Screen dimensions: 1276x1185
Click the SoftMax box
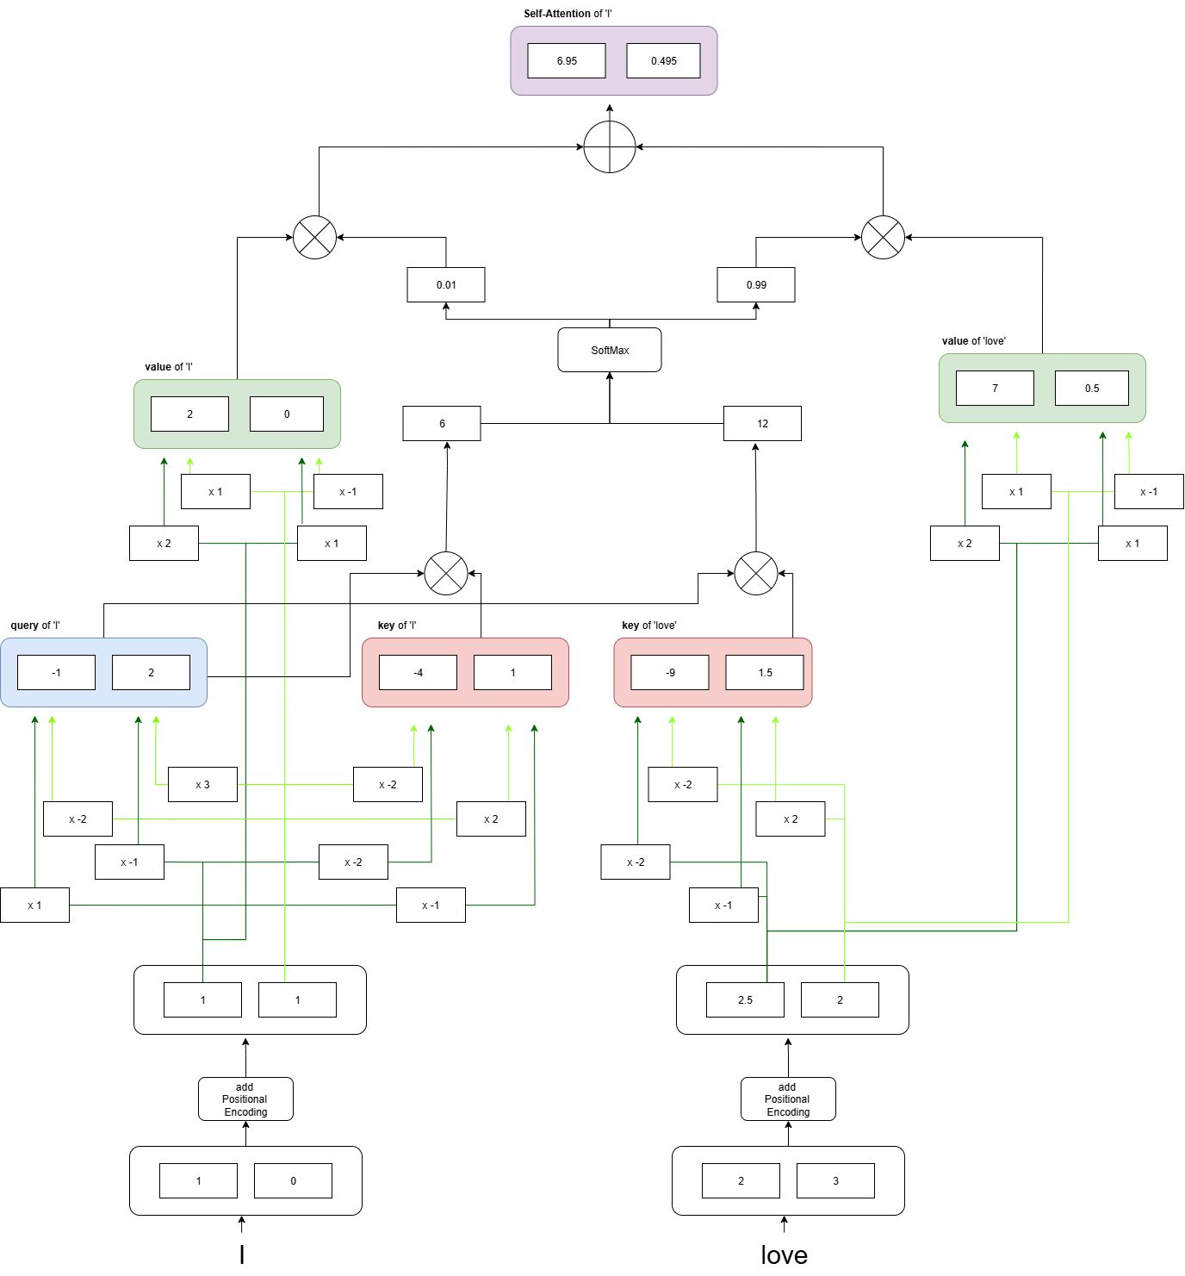coord(610,350)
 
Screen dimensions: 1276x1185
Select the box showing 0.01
coord(446,284)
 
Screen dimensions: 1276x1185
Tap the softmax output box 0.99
coord(756,284)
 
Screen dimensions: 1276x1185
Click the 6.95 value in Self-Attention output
coord(567,61)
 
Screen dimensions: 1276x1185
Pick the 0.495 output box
coord(663,61)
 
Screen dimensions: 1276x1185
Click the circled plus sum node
coord(610,147)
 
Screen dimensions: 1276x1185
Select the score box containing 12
coord(762,423)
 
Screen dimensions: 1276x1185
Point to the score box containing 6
coord(442,423)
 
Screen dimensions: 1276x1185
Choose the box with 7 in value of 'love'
coord(995,388)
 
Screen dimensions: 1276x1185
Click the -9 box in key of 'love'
coord(670,672)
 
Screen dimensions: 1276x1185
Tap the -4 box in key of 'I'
coord(418,672)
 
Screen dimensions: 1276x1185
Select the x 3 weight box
coord(202,784)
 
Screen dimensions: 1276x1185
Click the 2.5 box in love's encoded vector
coord(745,999)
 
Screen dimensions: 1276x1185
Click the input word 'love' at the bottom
coord(784,1254)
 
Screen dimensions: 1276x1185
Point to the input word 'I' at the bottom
coord(242,1254)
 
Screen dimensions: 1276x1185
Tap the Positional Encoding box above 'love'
coord(788,1099)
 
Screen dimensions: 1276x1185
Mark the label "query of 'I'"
coord(35,626)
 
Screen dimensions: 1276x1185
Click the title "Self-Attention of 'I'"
coord(568,14)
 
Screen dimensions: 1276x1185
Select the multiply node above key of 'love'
coord(756,573)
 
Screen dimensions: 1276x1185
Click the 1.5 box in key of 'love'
coord(765,672)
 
